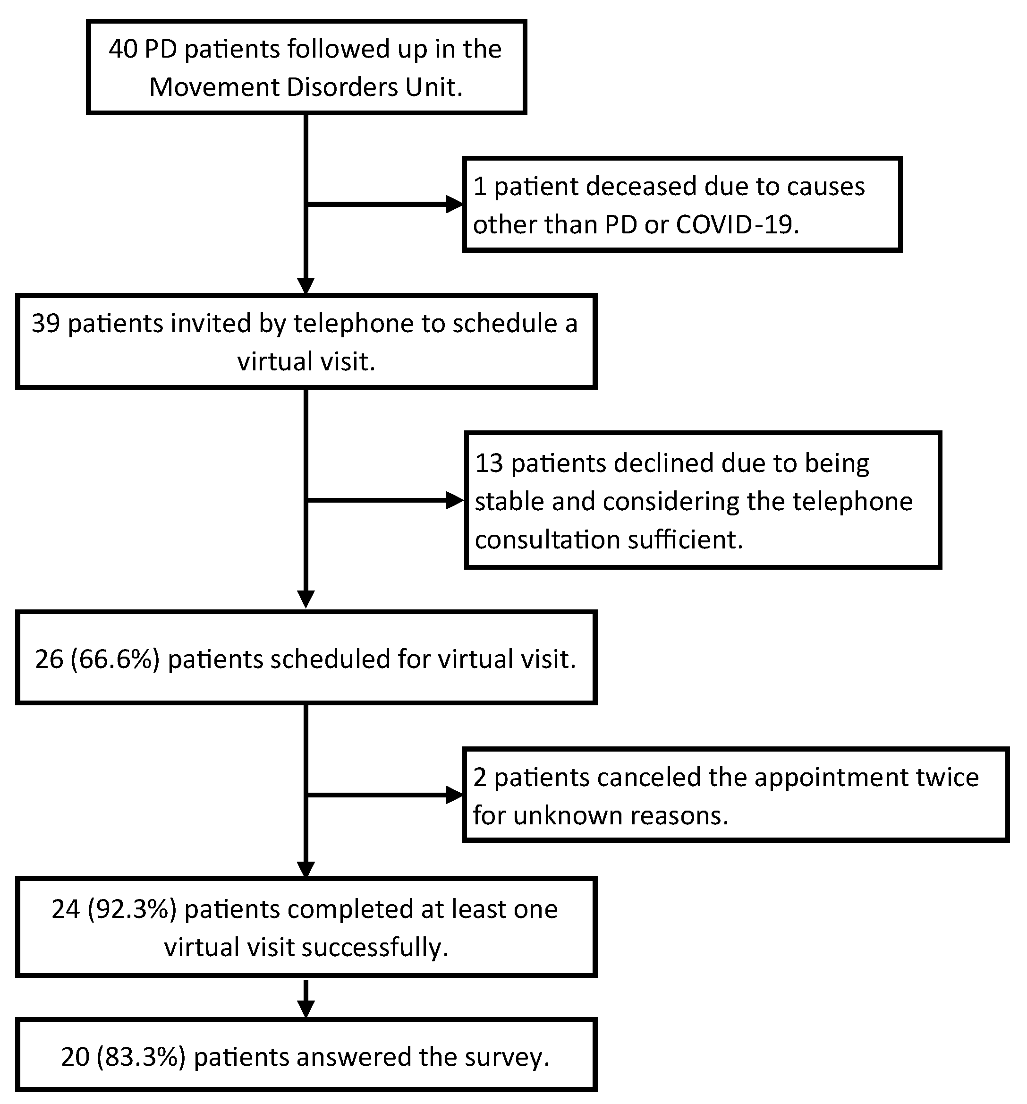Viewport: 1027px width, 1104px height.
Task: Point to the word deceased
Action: pos(632,187)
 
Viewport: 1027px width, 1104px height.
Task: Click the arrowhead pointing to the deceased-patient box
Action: pos(455,205)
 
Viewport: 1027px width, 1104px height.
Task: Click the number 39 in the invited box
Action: pos(45,324)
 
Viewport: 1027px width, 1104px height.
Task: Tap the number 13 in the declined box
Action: pos(489,463)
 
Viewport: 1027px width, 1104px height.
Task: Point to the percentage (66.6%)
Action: pos(116,659)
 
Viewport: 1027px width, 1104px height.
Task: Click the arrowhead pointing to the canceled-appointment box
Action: pos(455,795)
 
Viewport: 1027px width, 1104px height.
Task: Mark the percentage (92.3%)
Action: pos(132,909)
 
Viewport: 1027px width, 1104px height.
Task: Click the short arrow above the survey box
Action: pos(306,1008)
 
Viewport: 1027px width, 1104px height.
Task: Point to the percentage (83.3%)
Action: pos(141,1057)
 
